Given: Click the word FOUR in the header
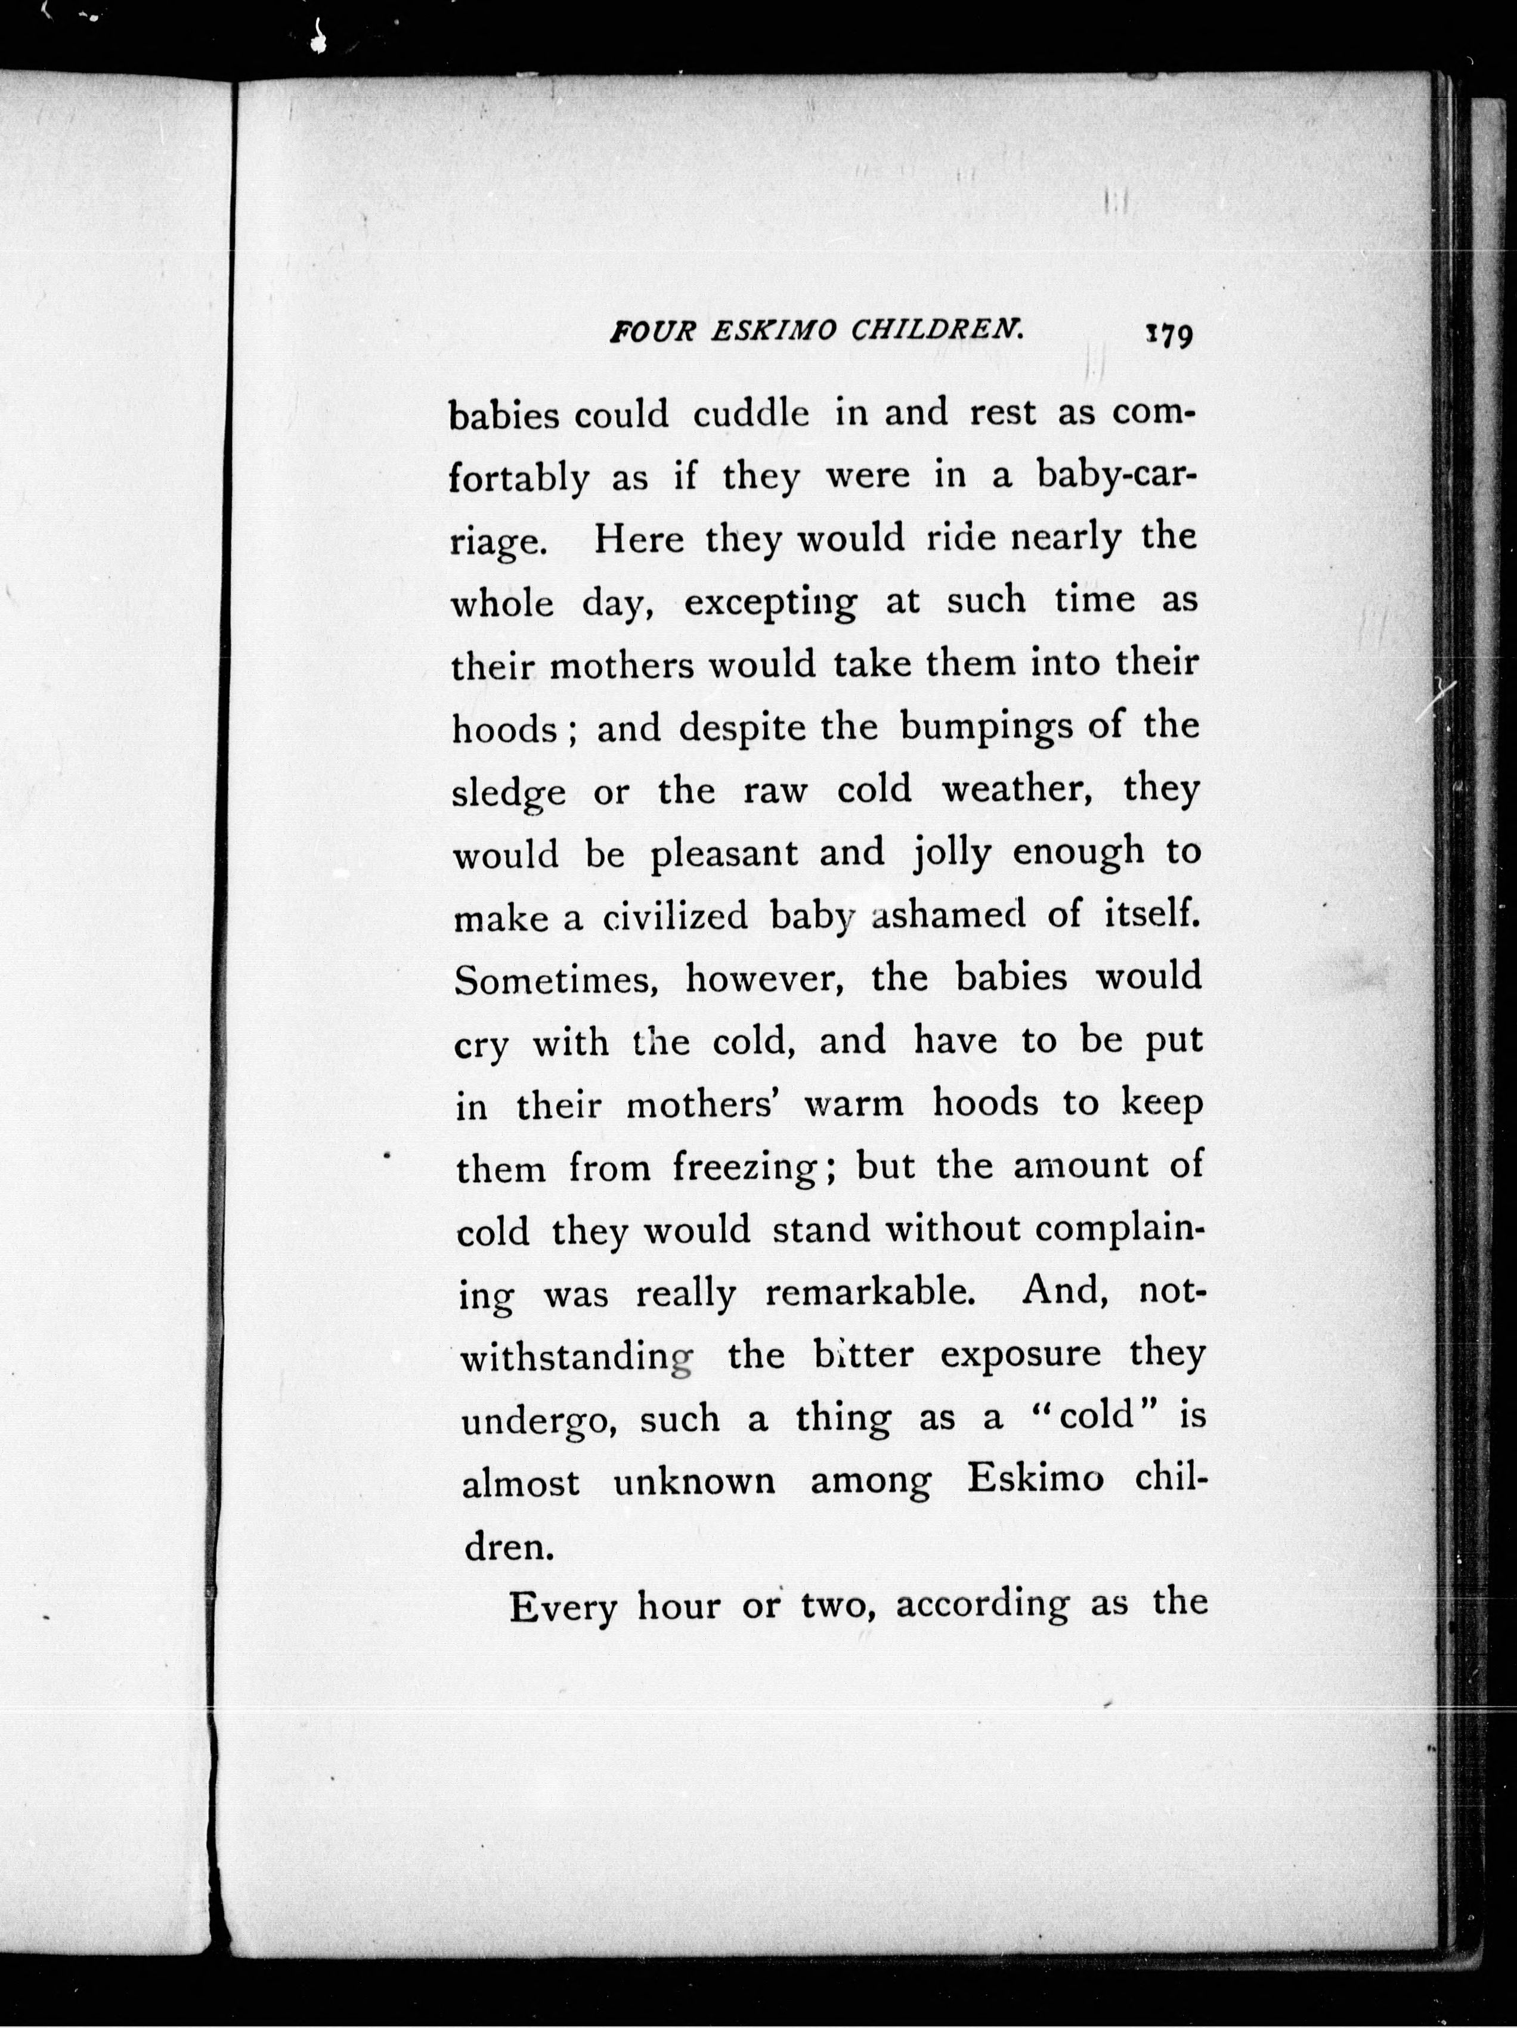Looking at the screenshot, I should [652, 331].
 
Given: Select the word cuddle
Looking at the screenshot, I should [751, 415].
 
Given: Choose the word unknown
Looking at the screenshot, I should [695, 1482].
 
